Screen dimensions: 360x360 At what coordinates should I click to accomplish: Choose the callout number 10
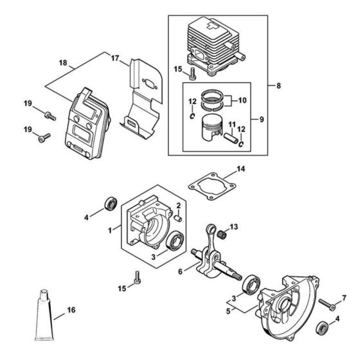point(242,100)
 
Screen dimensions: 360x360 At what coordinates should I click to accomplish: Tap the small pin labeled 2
point(181,215)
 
